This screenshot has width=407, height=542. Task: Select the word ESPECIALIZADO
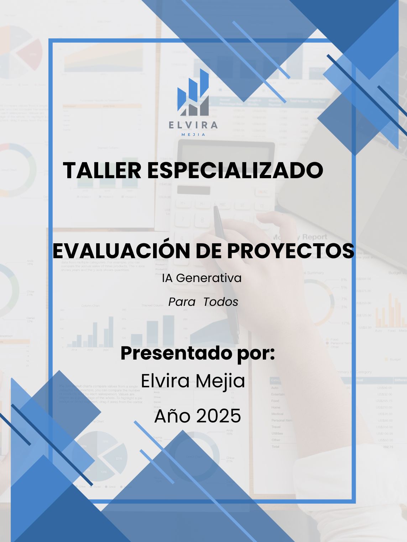click(235, 170)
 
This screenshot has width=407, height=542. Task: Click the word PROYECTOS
click(291, 251)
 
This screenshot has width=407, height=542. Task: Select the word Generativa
click(209, 278)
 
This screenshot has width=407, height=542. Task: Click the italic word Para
click(182, 302)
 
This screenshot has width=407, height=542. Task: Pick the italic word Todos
click(221, 302)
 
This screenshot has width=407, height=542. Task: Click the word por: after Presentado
click(256, 353)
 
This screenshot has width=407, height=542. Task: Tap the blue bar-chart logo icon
click(193, 93)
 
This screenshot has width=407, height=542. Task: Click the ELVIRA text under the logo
click(193, 125)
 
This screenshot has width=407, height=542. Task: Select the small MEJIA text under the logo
click(193, 135)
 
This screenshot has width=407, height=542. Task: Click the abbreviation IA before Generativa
click(168, 278)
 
